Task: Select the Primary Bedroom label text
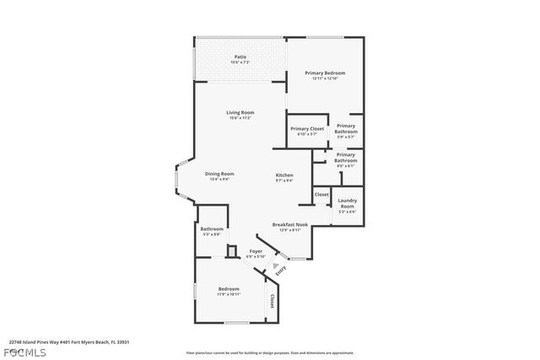point(325,73)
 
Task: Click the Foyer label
point(255,251)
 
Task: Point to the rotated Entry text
point(281,270)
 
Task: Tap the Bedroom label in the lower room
point(229,291)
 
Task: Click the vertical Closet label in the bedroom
point(271,302)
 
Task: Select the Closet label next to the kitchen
point(321,195)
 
